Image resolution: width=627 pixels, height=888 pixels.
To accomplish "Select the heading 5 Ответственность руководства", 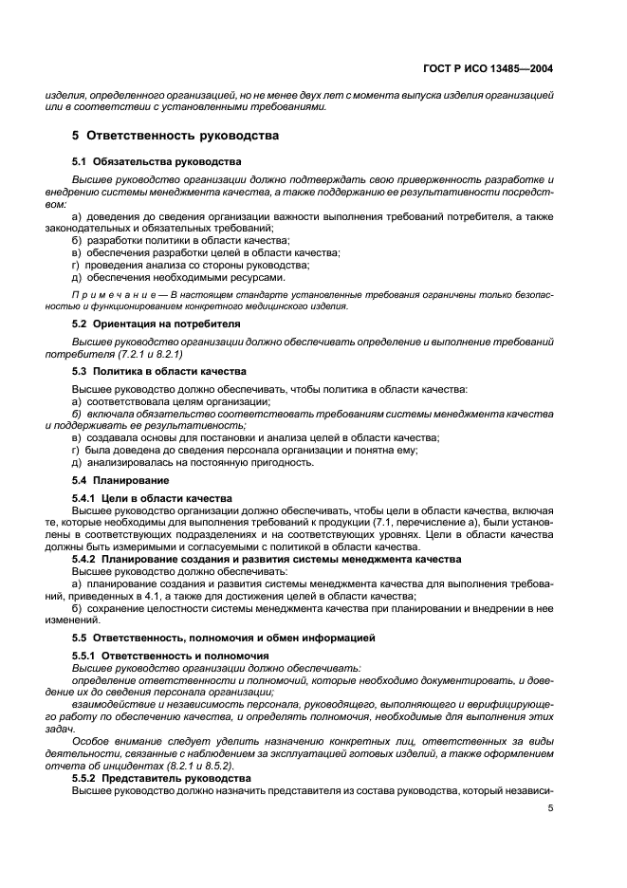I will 176,136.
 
